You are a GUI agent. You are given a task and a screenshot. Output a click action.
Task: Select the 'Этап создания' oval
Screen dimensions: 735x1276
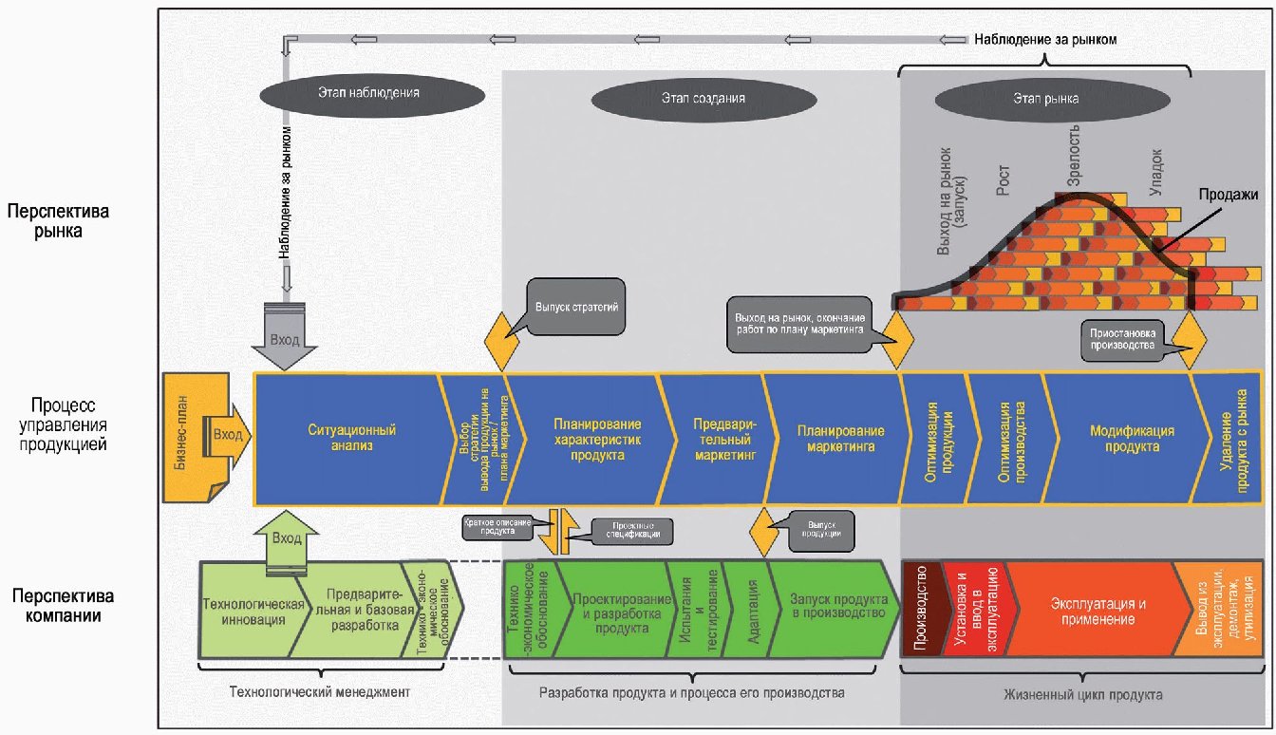point(704,97)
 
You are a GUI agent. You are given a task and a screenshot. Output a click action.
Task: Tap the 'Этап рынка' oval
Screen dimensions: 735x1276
point(1046,97)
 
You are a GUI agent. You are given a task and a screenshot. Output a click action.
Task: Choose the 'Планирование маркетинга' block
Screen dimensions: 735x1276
point(834,438)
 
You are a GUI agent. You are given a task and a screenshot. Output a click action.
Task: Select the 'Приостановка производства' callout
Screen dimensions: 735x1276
point(1123,338)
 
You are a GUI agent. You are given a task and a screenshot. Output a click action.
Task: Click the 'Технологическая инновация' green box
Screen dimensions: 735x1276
point(253,612)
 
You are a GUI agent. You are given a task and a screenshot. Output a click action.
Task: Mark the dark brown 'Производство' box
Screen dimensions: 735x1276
point(921,609)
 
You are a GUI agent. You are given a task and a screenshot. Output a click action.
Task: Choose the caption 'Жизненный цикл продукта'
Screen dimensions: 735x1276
point(1081,694)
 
